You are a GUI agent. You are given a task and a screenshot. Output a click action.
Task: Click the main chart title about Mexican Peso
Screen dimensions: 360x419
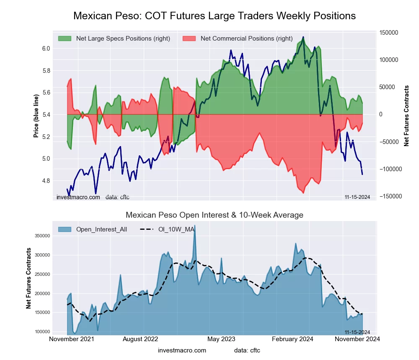(215, 16)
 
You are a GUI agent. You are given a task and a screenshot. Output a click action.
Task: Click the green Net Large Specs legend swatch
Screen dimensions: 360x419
(65, 39)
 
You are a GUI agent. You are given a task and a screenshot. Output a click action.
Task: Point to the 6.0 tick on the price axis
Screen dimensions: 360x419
(46, 49)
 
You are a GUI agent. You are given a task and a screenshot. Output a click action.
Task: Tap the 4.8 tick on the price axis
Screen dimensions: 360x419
(46, 181)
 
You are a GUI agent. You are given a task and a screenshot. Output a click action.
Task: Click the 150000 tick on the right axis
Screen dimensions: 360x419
(388, 33)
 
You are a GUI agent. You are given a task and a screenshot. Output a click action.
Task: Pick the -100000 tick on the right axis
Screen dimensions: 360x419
(389, 169)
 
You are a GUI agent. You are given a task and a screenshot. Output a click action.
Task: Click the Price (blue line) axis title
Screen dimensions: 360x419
(36, 116)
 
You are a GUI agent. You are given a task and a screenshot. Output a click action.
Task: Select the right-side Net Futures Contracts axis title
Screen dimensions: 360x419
(406, 116)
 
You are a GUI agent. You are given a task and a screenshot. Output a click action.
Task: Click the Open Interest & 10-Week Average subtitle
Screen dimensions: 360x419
(215, 215)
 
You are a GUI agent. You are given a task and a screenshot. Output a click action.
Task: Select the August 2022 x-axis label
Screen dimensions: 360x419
(144, 339)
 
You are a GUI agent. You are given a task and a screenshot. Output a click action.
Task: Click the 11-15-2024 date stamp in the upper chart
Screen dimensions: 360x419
(357, 197)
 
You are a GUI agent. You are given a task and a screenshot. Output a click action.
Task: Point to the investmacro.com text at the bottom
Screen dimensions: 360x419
(182, 350)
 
